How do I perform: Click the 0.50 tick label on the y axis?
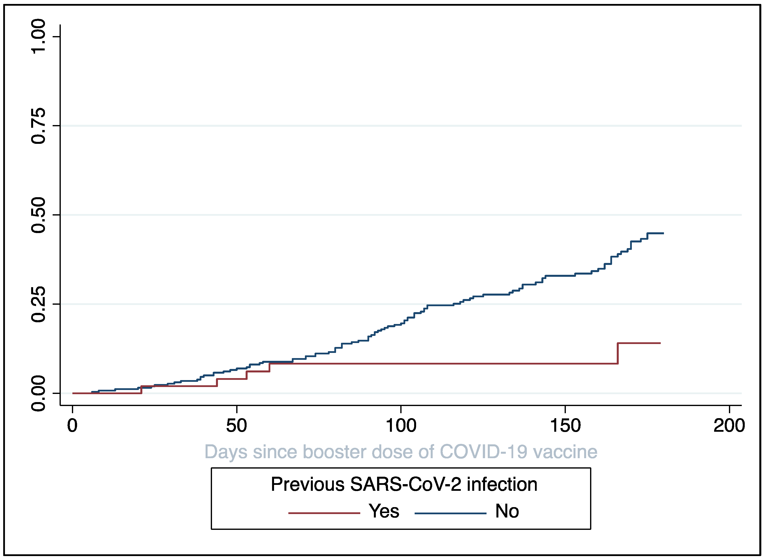pos(38,215)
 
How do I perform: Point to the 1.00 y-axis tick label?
pos(38,36)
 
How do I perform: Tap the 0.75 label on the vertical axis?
pos(38,126)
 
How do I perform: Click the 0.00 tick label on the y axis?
pos(38,394)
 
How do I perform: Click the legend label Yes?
pos(384,511)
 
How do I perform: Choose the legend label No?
pos(507,511)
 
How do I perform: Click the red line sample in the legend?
pos(324,513)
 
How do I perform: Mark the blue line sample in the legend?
pos(450,513)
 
